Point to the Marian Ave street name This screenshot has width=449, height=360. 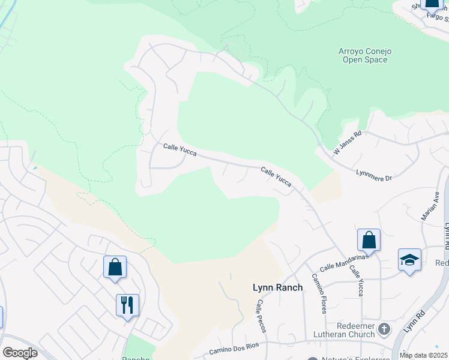430,206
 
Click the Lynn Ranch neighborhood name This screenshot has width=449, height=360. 277,287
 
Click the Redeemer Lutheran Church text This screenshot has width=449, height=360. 343,329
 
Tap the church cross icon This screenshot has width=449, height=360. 384,329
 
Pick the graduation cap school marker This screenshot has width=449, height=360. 409,260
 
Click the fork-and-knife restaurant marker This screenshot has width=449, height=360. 127,305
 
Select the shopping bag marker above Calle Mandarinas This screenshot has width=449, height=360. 369,240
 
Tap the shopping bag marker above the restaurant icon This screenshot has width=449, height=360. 115,267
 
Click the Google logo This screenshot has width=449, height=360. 20,353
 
